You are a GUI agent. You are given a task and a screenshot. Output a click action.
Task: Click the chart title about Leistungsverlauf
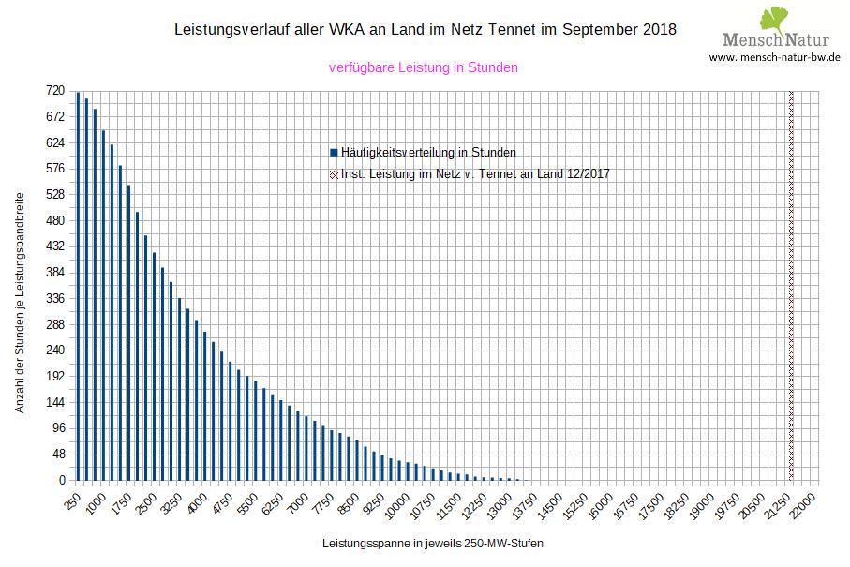pos(425,30)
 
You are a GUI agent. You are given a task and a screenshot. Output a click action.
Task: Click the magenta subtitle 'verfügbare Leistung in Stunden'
pos(424,67)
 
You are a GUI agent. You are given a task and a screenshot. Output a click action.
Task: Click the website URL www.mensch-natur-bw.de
pos(774,58)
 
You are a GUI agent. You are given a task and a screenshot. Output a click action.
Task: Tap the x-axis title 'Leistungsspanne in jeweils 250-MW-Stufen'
pos(432,544)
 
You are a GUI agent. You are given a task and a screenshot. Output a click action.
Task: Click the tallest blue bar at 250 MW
pos(78,286)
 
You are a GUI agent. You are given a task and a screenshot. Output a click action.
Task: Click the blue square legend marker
pos(334,152)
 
